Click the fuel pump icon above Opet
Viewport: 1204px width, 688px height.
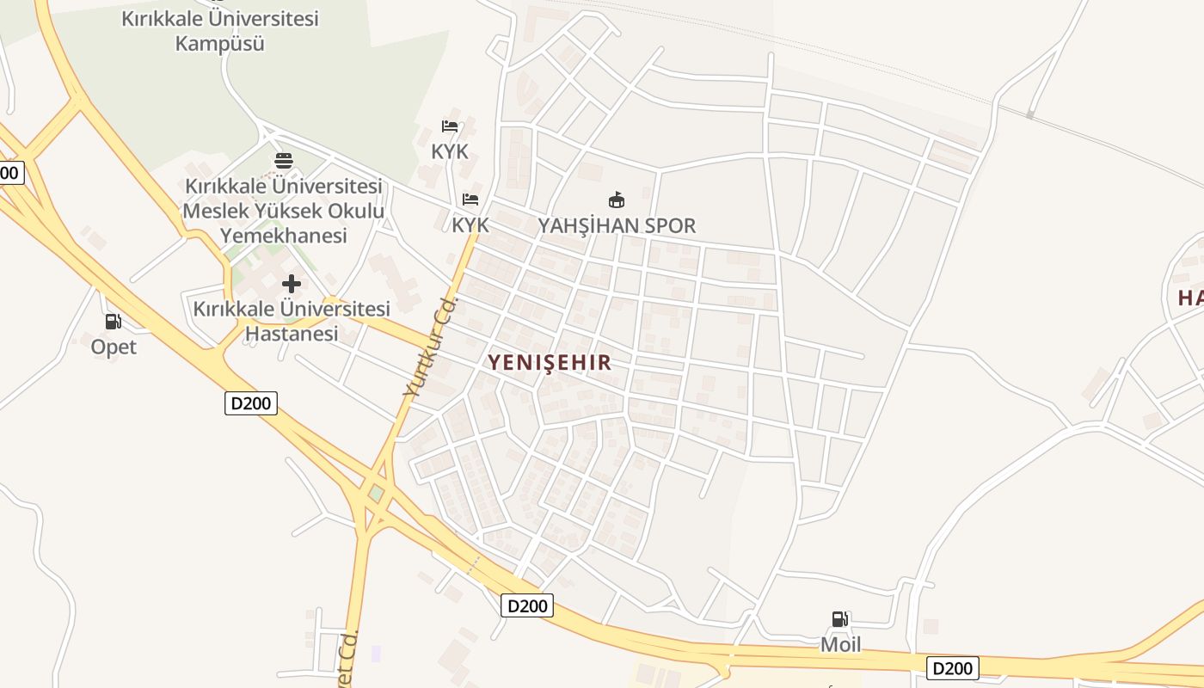click(113, 322)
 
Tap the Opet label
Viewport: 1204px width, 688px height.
click(114, 347)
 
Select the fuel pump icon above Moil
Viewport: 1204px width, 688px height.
click(839, 618)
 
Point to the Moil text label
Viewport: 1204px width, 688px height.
click(840, 644)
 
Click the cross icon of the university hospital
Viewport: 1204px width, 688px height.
click(292, 283)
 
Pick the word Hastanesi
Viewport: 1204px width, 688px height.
click(292, 334)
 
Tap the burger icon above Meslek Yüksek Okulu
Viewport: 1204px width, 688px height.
click(283, 160)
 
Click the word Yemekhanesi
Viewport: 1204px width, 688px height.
click(283, 235)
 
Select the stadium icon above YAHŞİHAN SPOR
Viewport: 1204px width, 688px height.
click(616, 200)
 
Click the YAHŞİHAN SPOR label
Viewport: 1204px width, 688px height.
click(617, 225)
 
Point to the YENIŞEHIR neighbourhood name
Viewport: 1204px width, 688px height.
click(550, 362)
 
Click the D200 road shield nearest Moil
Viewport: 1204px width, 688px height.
click(952, 668)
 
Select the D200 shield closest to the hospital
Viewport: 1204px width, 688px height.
click(251, 402)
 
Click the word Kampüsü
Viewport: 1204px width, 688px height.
click(219, 43)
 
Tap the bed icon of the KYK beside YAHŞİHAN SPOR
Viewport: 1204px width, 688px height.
click(470, 200)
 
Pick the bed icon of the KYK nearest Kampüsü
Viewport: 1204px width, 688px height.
click(450, 126)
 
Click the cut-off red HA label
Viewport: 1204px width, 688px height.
click(1190, 298)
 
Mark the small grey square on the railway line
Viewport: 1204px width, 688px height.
click(1029, 114)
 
